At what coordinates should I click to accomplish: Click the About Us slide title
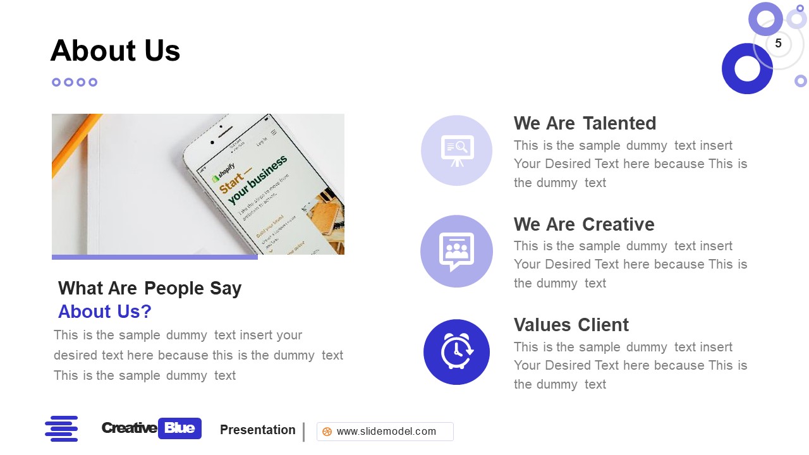tap(115, 51)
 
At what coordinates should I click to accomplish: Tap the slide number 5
tap(778, 44)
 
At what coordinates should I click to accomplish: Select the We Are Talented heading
tap(585, 123)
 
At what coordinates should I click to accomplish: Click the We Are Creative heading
tap(583, 224)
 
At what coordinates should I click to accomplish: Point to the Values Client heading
tap(571, 325)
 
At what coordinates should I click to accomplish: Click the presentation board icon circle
tap(456, 150)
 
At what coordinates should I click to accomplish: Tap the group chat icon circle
tap(456, 251)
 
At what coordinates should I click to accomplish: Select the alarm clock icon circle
tap(456, 352)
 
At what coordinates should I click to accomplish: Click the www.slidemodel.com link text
tap(386, 432)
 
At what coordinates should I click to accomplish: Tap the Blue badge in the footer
tap(179, 428)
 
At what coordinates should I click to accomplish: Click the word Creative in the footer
tap(129, 428)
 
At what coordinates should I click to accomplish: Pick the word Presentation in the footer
tap(257, 430)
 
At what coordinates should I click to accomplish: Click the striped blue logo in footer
tap(61, 428)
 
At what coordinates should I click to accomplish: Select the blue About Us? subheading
tap(104, 312)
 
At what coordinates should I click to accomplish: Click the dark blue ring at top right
tap(747, 69)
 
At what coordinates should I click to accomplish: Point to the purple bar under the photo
tap(154, 257)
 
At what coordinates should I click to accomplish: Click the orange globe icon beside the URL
tap(327, 432)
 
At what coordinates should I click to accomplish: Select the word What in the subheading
tap(80, 288)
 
